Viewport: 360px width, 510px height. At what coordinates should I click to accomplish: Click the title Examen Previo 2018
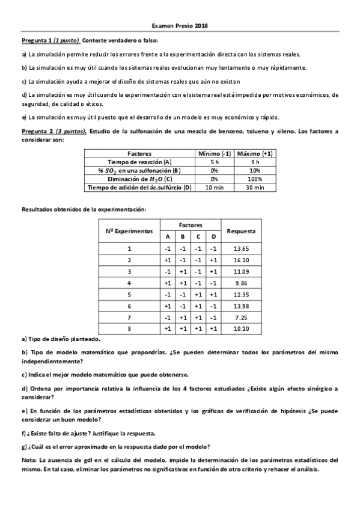(180, 26)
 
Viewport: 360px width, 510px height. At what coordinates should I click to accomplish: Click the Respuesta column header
(241, 231)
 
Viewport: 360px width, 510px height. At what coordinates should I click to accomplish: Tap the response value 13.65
(241, 248)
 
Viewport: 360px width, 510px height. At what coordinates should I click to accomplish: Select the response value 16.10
(241, 260)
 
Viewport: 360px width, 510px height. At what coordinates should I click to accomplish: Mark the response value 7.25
(241, 317)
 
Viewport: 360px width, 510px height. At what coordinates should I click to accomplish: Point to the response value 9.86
(241, 283)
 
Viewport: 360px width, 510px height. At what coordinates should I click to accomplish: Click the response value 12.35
(241, 294)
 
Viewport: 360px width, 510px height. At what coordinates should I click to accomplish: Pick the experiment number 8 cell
(129, 328)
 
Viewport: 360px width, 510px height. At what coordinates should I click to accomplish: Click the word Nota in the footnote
(29, 459)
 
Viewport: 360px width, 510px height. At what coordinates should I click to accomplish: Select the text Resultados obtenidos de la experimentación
(84, 209)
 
